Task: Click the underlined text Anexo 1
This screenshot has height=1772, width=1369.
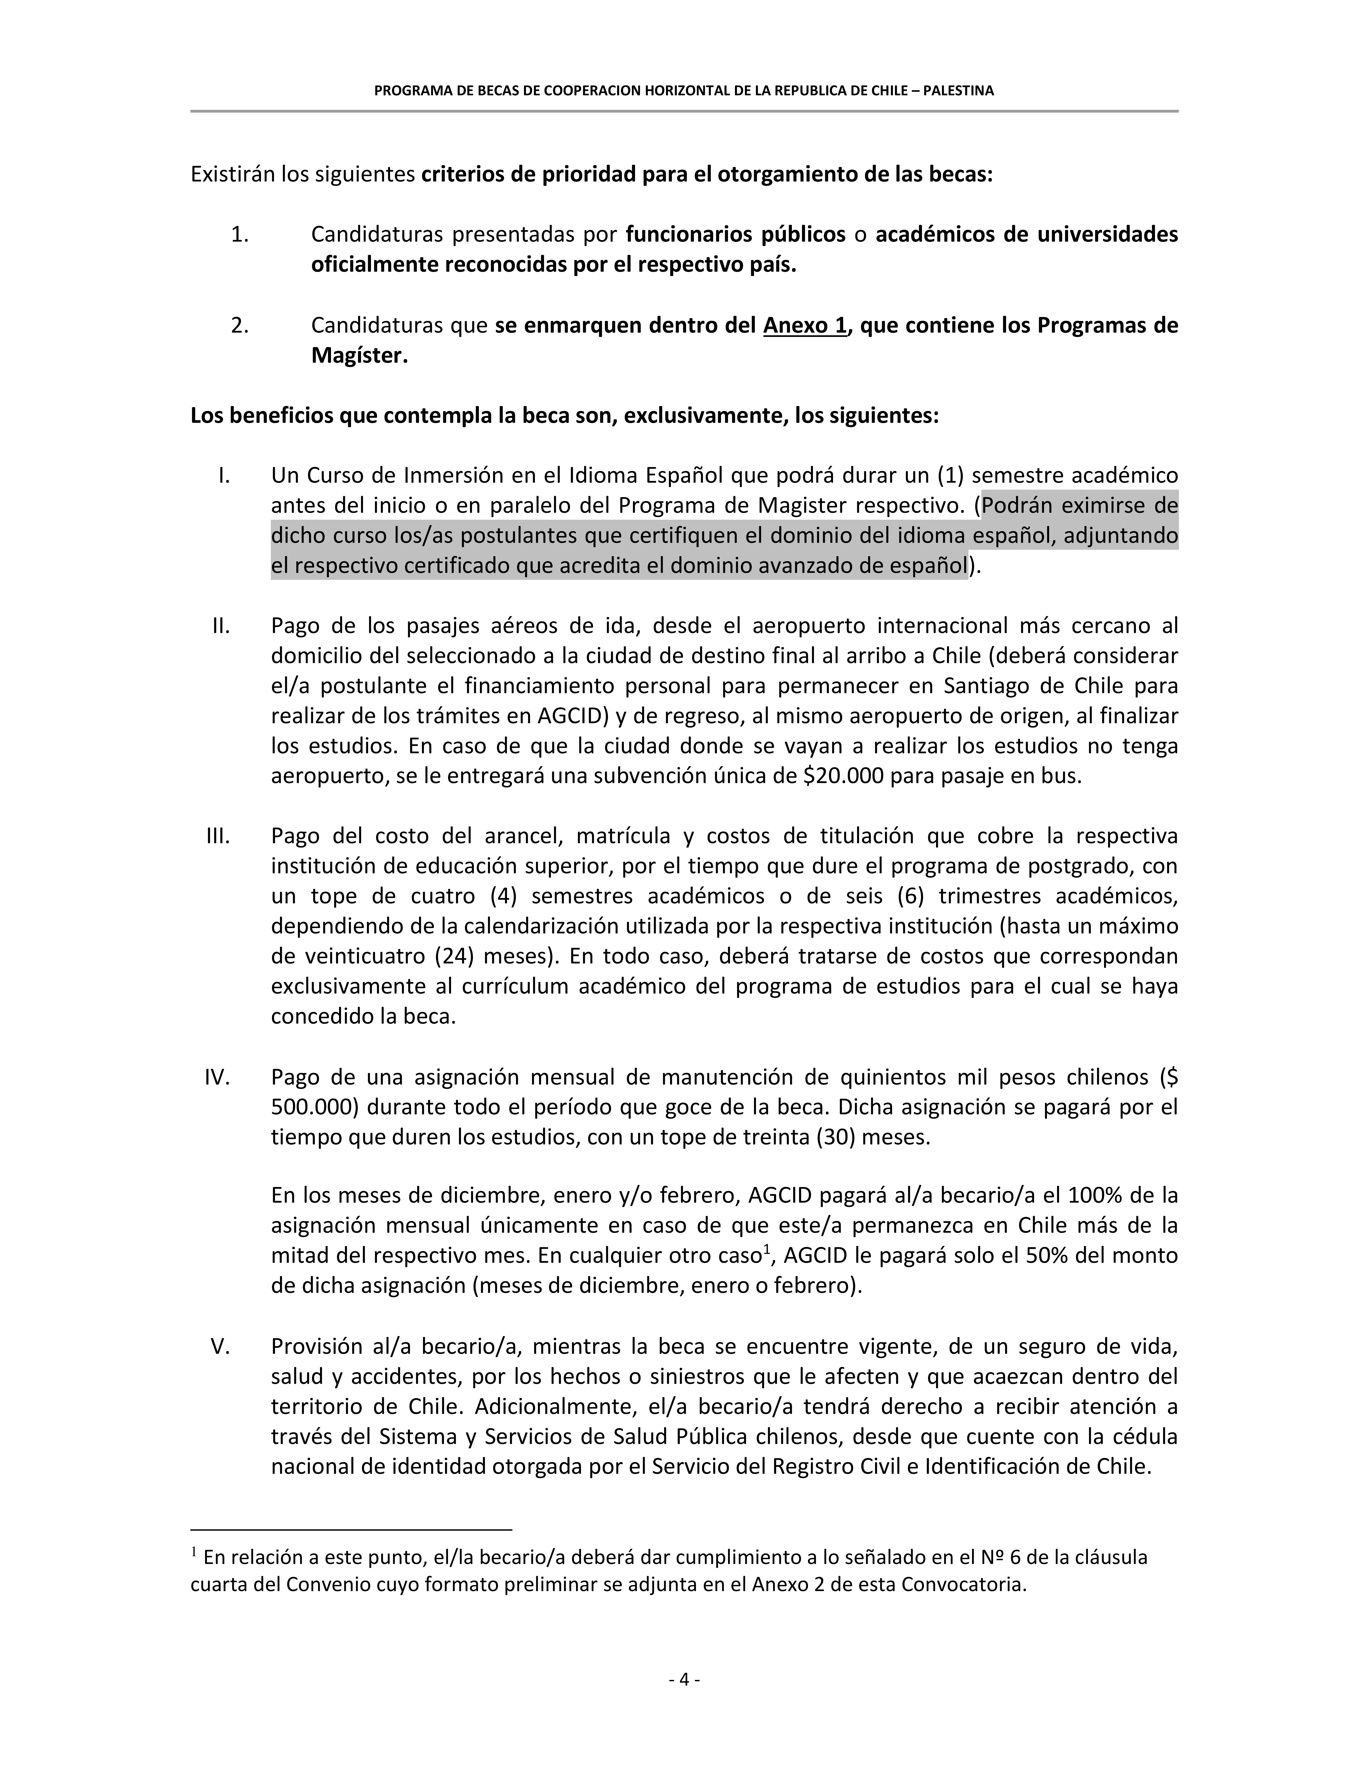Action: click(x=804, y=325)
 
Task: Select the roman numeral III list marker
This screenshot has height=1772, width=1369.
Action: click(x=218, y=836)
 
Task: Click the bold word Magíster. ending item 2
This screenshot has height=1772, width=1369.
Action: click(x=359, y=355)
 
